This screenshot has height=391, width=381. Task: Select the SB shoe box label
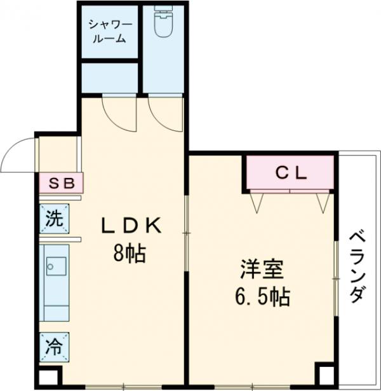click(x=62, y=184)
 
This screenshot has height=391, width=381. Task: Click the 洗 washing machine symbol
click(x=55, y=219)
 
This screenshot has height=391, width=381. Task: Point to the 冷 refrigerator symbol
click(x=55, y=346)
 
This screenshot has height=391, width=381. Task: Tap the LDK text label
click(x=134, y=225)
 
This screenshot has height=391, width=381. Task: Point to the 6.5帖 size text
click(x=261, y=296)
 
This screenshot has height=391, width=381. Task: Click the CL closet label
click(x=291, y=172)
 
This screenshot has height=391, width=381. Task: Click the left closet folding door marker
click(x=257, y=202)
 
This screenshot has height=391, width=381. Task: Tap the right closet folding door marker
click(x=321, y=202)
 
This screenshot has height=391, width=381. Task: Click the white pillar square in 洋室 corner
click(x=325, y=376)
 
